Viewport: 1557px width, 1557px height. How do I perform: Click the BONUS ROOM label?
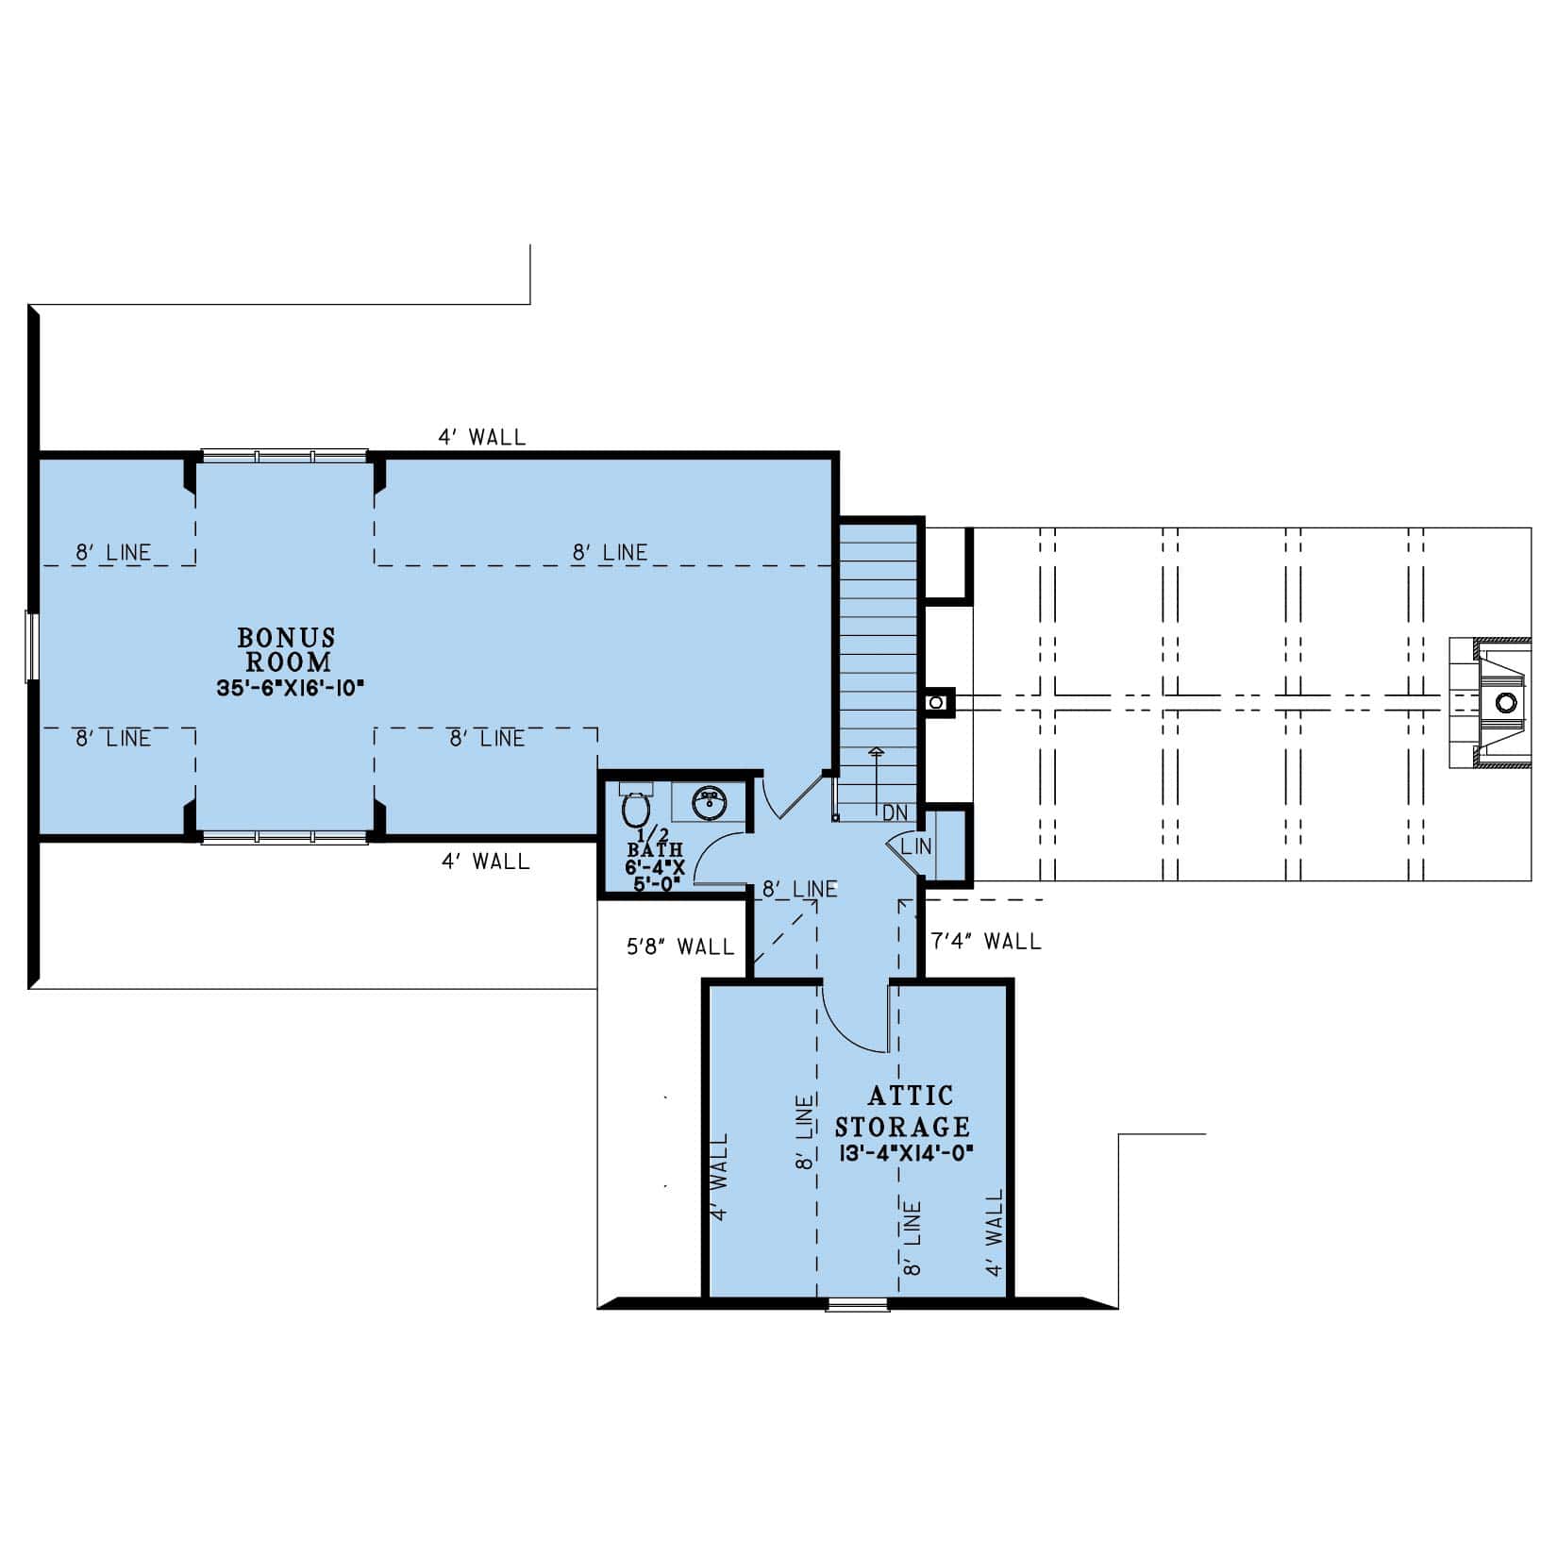287,649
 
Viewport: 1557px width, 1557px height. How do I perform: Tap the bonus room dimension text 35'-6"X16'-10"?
290,688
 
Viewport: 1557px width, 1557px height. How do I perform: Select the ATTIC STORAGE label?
903,1111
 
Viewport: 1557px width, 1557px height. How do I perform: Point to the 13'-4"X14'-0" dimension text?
903,1152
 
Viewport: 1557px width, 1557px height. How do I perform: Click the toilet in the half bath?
635,810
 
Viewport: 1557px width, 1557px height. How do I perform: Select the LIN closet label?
916,846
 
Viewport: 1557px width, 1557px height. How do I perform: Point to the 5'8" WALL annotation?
680,946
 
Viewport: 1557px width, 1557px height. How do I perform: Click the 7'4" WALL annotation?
986,941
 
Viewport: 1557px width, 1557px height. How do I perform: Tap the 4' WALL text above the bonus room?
481,437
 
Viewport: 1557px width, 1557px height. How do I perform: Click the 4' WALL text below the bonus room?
485,861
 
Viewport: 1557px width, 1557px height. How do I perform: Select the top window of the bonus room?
284,456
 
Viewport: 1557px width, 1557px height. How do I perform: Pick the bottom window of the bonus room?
284,836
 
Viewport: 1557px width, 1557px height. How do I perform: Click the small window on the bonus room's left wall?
31,646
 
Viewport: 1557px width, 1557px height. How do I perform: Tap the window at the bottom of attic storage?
857,1305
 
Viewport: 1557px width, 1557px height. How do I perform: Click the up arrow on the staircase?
877,752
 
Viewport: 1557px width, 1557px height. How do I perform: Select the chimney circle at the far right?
1506,702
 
